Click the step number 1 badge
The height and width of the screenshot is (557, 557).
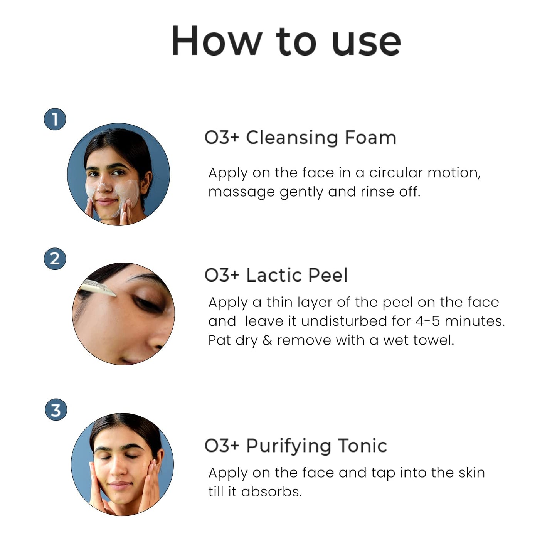(55, 119)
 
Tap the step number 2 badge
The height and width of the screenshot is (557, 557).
(55, 259)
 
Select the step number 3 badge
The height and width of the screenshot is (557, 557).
(56, 409)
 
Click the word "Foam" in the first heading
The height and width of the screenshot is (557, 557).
(370, 138)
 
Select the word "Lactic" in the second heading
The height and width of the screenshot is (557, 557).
(274, 275)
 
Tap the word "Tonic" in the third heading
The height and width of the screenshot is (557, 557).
(362, 446)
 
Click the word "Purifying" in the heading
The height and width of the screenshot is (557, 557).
(289, 446)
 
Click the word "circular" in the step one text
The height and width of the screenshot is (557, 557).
(395, 173)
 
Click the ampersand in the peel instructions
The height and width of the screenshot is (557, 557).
(267, 340)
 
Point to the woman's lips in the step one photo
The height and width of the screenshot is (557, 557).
(106, 202)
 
